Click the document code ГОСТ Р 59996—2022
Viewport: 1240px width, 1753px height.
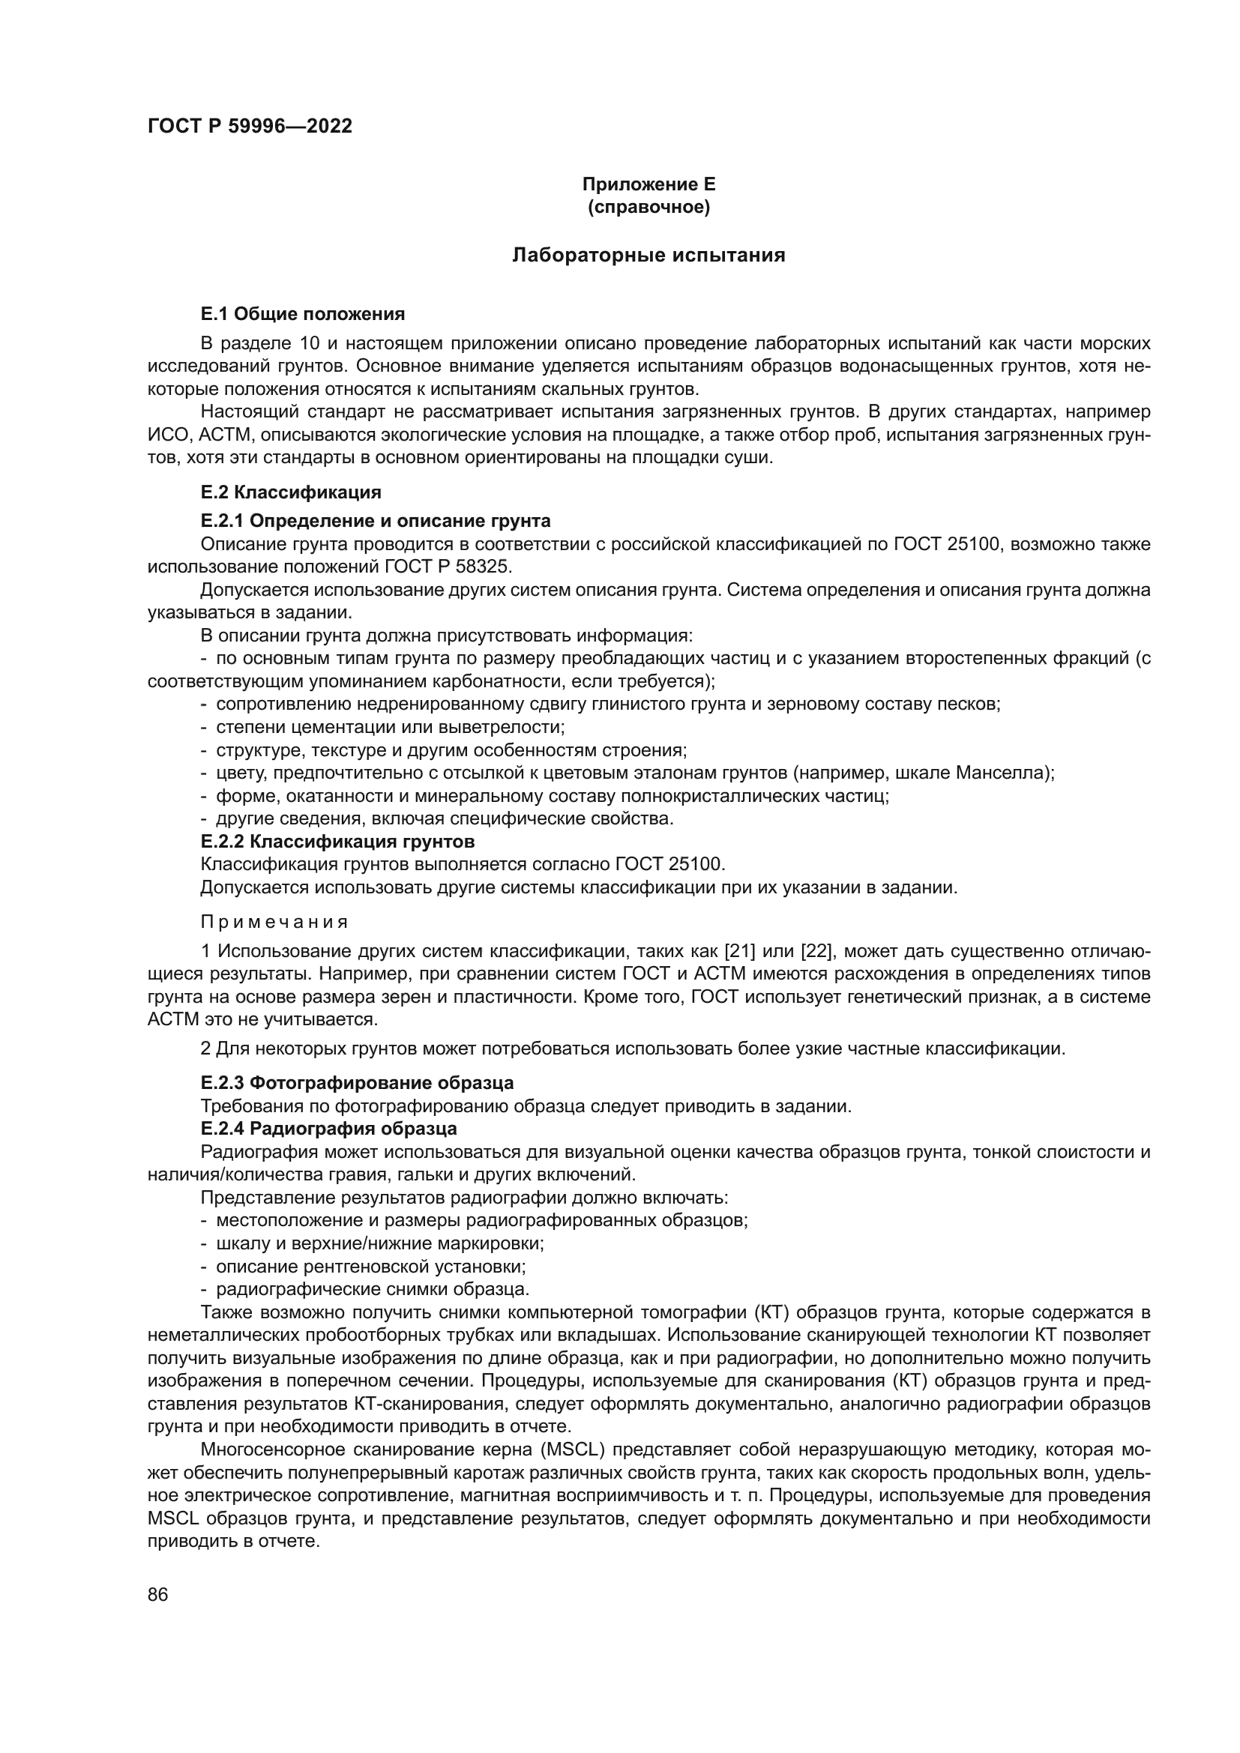click(x=250, y=127)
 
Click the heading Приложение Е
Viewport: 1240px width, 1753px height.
click(x=648, y=184)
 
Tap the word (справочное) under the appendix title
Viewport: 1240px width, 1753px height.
click(x=648, y=207)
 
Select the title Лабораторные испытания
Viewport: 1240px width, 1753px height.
click(x=648, y=255)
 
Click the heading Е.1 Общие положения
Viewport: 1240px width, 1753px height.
click(x=302, y=314)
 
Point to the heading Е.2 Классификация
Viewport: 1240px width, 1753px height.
click(x=291, y=492)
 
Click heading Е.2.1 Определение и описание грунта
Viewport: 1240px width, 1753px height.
click(x=375, y=521)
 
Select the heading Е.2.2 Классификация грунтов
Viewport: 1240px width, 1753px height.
click(x=337, y=842)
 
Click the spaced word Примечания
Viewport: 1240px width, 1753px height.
click(x=274, y=922)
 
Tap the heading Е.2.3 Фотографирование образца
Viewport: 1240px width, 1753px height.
click(x=357, y=1083)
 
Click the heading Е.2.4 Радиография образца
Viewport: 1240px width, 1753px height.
click(x=328, y=1129)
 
